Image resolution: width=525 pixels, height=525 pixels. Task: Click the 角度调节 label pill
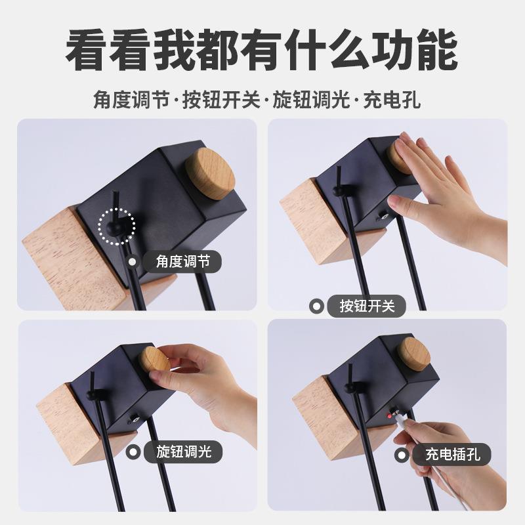182,261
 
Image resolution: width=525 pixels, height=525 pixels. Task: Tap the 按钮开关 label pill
367,306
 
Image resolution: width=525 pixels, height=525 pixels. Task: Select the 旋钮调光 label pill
183,451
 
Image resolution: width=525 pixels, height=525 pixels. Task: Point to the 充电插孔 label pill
452,454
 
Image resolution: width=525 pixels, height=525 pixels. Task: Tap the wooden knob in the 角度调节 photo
211,174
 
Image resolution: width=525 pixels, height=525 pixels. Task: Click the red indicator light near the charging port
389,416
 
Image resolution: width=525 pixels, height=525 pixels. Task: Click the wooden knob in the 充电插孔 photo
413,354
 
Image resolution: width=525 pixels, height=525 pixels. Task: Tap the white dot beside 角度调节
133,261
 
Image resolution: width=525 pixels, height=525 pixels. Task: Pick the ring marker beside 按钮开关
316,306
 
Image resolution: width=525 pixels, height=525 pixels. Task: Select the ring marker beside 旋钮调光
133,452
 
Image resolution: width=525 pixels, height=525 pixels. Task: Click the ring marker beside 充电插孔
402,455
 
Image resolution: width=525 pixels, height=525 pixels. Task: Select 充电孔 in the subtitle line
392,100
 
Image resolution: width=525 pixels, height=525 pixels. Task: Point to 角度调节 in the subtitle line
131,100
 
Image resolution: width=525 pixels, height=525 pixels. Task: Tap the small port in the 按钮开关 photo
383,217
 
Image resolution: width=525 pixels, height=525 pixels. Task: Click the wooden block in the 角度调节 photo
77,258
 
